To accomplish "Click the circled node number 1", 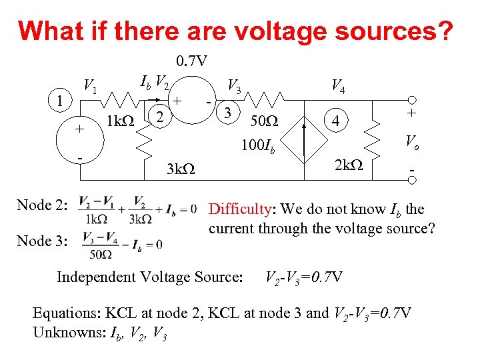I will click(x=61, y=103).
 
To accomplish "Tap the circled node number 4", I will click(x=340, y=122).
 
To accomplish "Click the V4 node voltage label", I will click(x=338, y=85).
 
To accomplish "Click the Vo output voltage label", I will click(x=413, y=141).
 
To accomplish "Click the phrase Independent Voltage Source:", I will click(x=150, y=276).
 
